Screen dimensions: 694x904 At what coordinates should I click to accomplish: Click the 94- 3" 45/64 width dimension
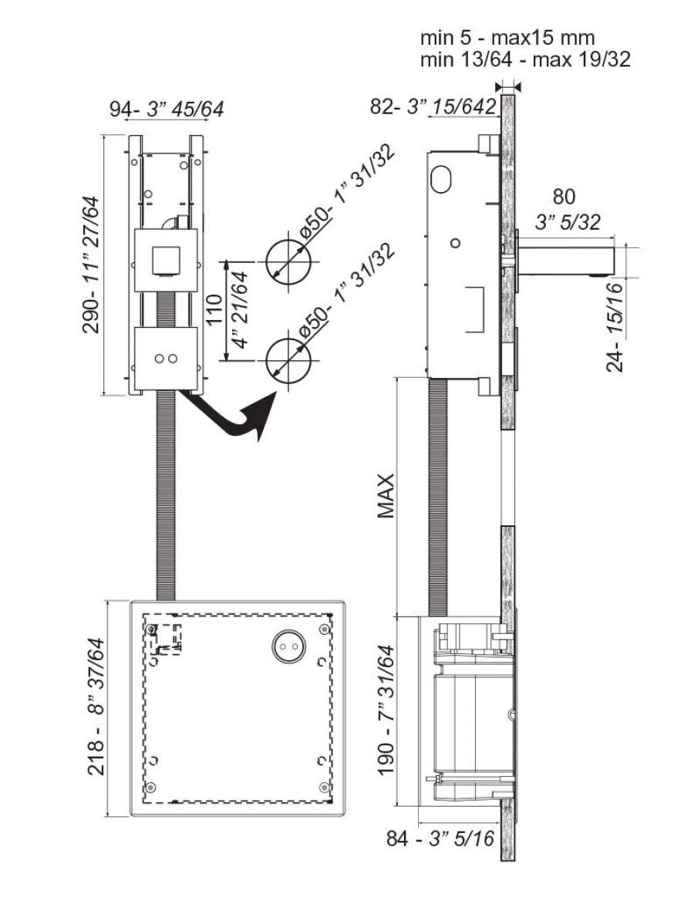point(167,109)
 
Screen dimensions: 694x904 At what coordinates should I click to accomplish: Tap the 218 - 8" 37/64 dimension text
point(96,707)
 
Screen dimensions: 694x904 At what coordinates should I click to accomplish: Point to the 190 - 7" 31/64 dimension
point(386,710)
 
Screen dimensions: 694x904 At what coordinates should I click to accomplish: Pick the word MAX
point(386,496)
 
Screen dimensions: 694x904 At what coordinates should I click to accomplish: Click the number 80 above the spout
point(564,197)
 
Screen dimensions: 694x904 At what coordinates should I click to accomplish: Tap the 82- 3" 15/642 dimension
point(433,106)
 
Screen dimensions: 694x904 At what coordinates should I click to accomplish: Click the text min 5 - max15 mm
point(507,38)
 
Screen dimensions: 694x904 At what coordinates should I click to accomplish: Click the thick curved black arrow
point(231,418)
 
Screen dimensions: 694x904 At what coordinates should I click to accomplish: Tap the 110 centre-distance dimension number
point(214,310)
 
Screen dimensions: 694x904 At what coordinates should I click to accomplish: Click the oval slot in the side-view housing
point(442,178)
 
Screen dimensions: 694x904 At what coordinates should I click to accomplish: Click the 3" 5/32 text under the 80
point(568,222)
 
